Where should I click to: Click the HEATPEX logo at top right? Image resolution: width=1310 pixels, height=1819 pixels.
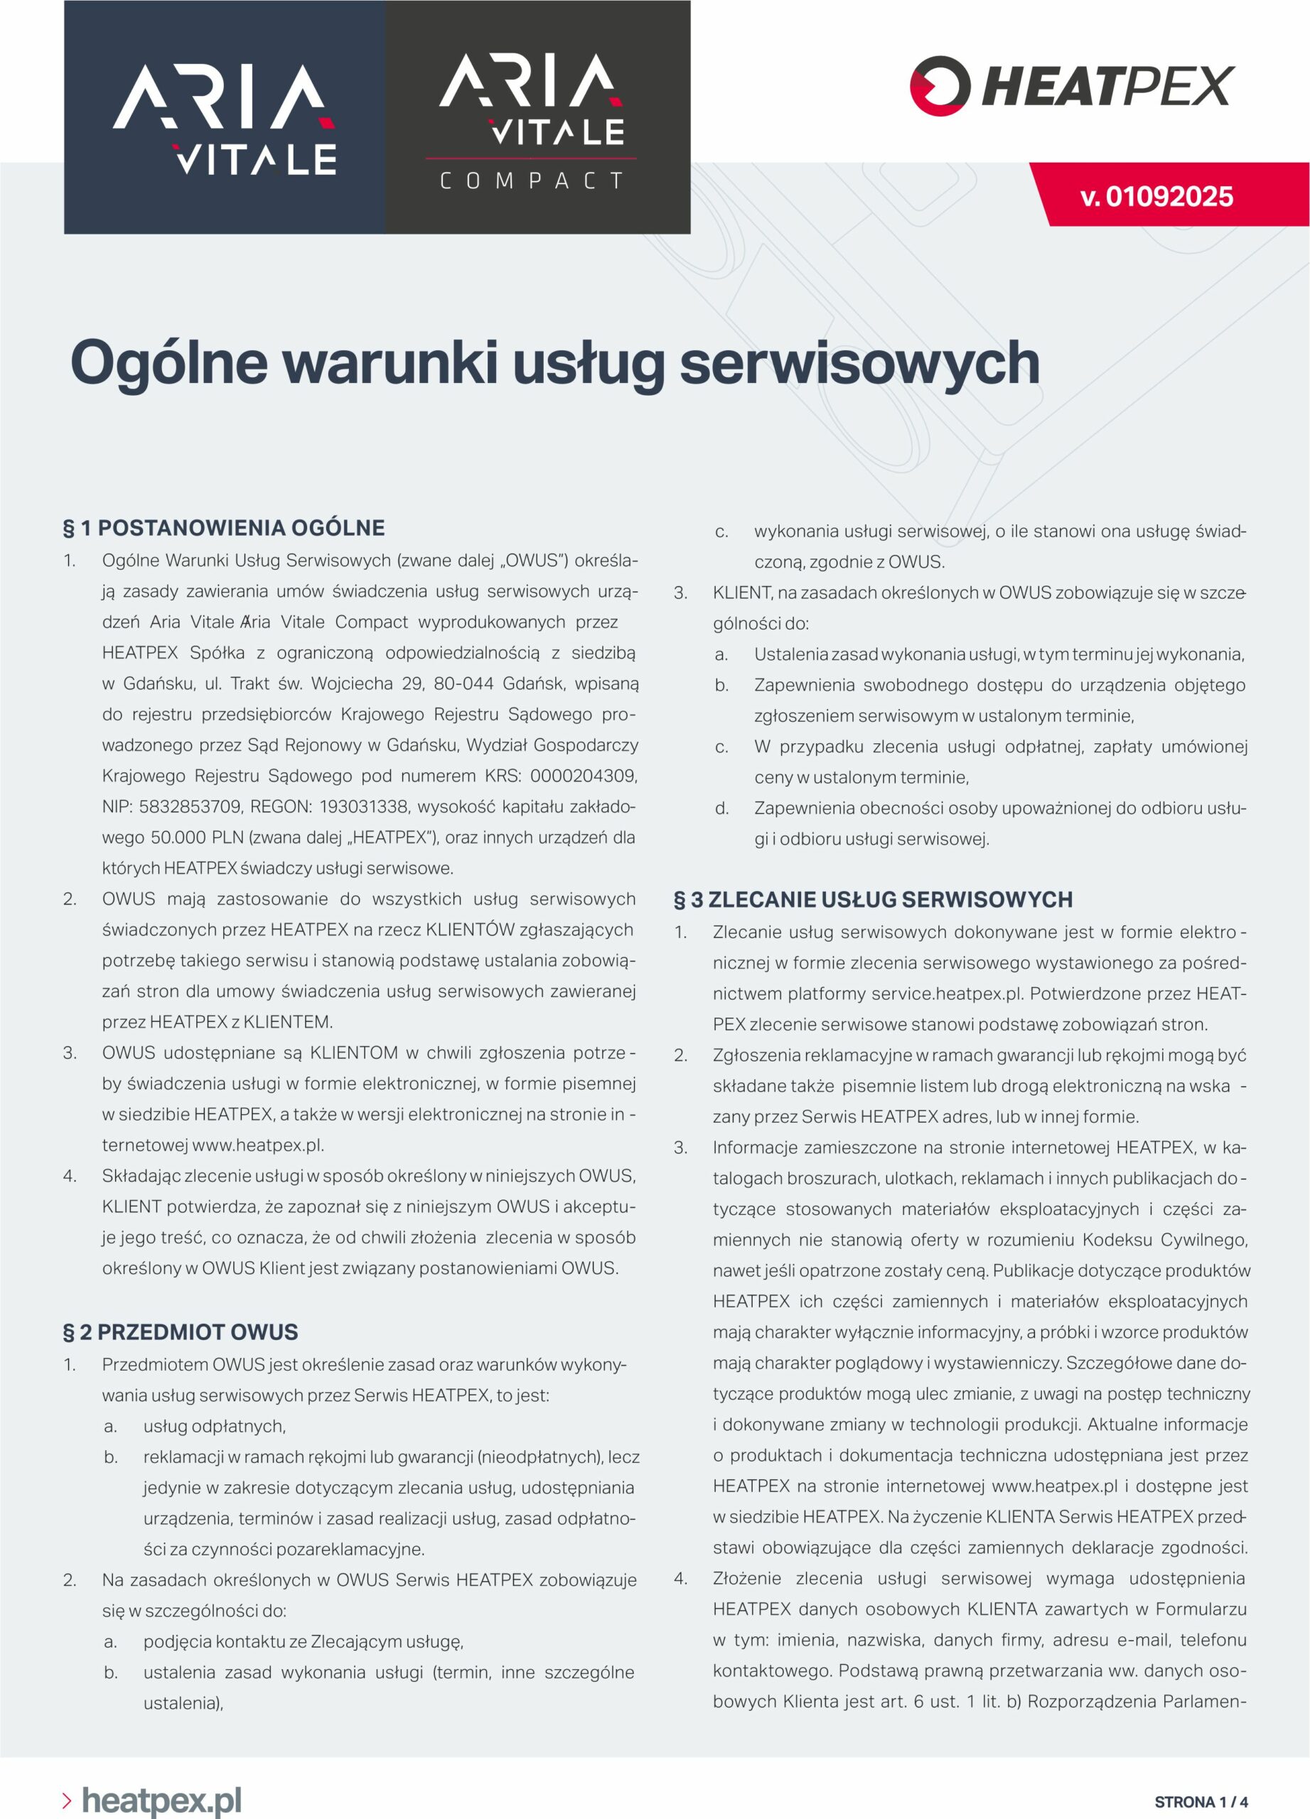[1072, 86]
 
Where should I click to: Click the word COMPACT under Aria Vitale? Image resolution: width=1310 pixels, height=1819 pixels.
[532, 181]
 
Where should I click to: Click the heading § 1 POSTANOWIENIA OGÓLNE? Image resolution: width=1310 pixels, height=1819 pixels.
[224, 528]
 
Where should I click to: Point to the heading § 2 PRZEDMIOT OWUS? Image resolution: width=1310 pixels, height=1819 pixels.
[181, 1332]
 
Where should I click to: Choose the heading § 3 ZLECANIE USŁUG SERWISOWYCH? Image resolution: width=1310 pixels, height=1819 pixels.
[873, 899]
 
